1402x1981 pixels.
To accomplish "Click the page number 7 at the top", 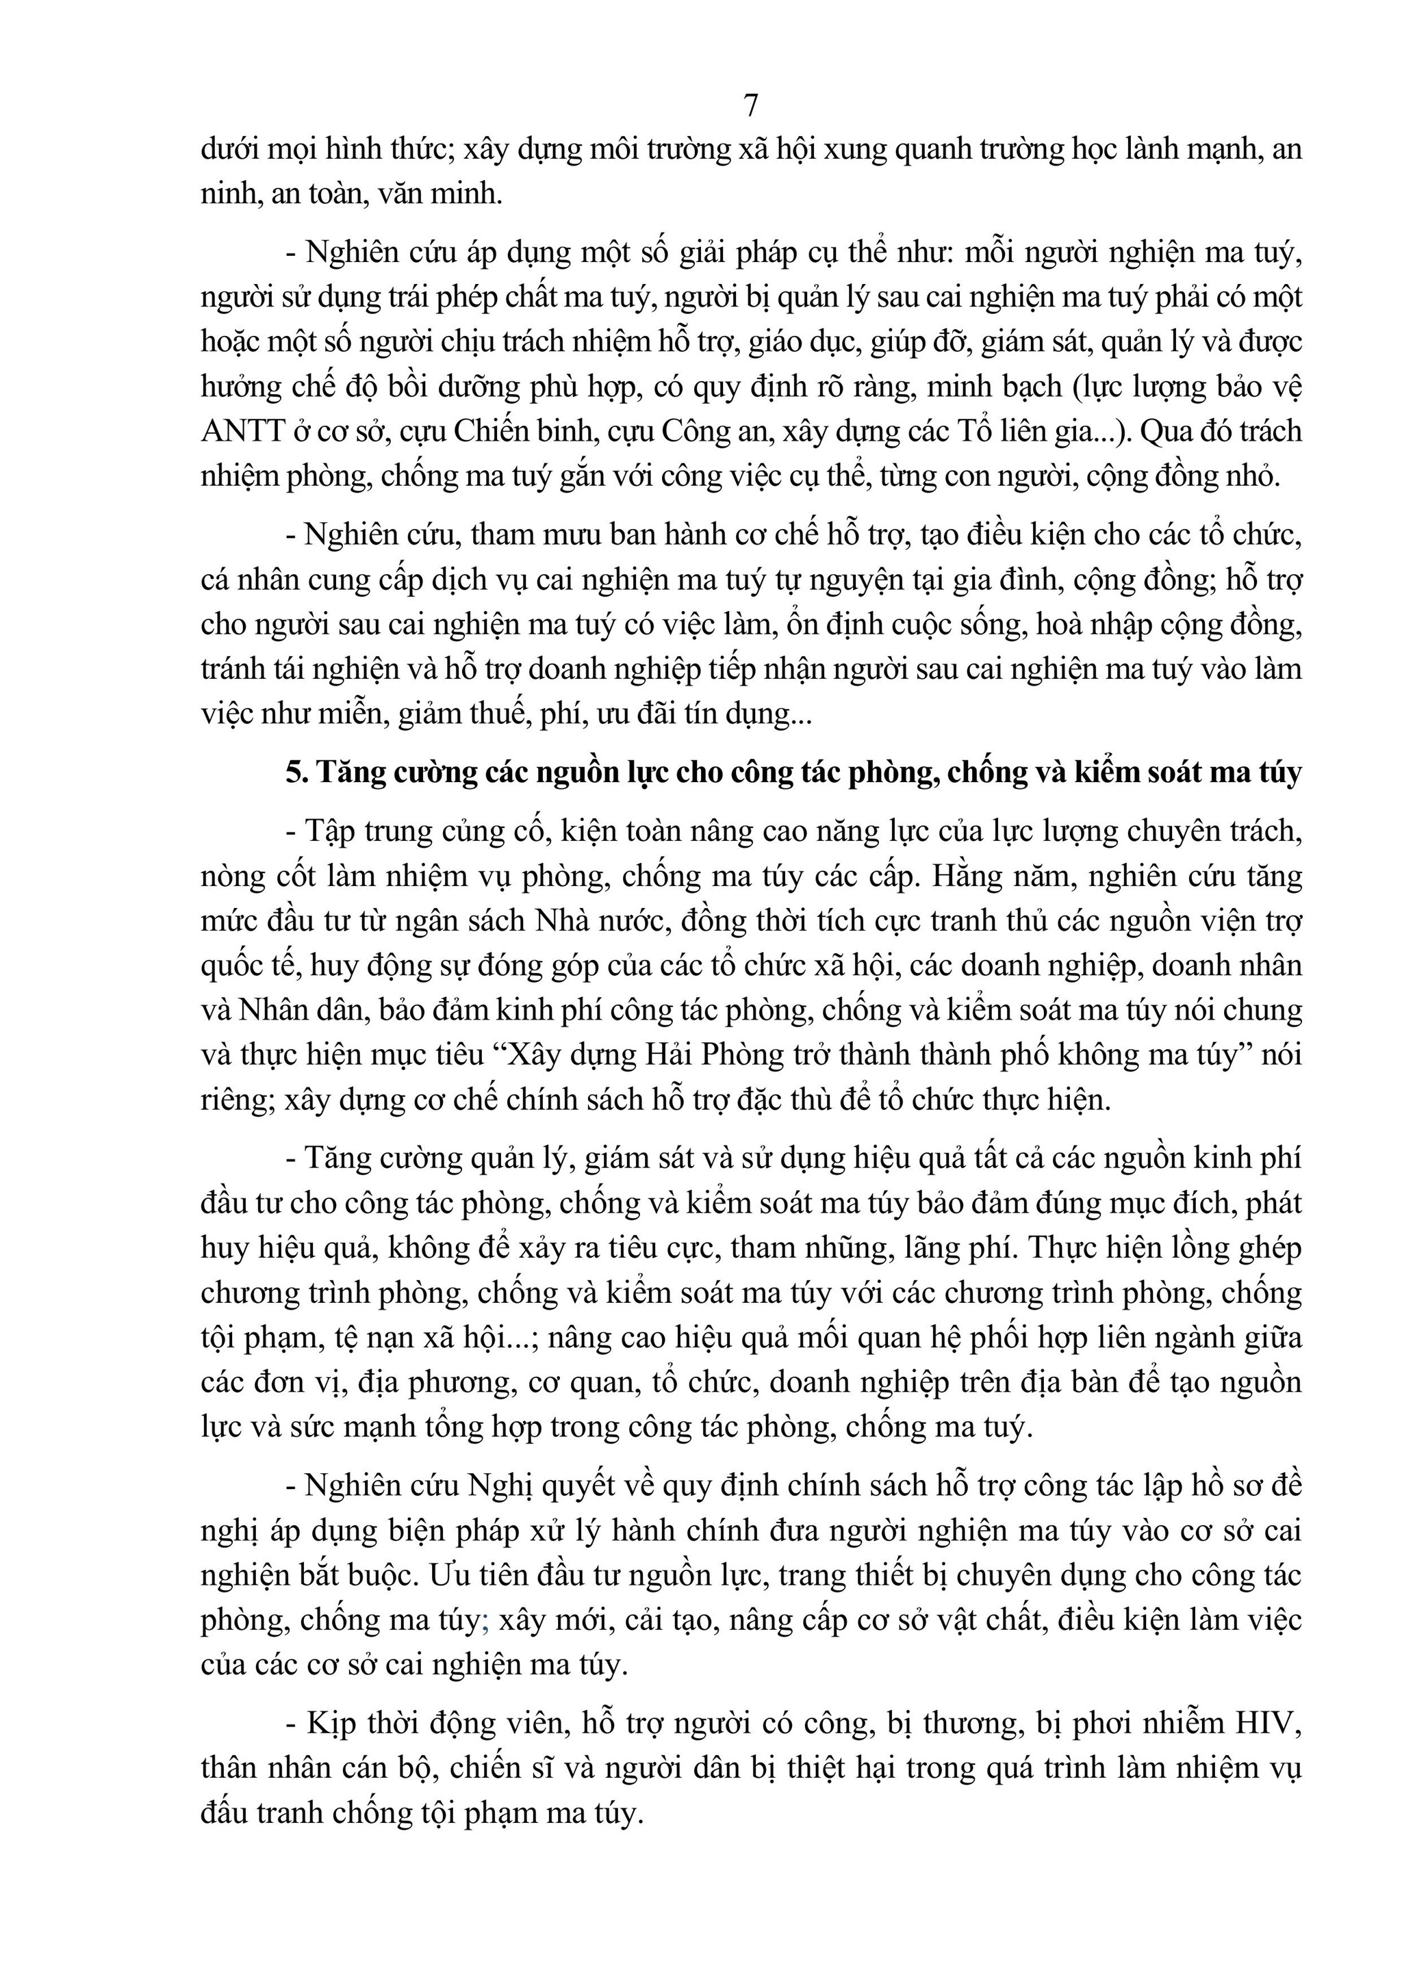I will point(750,105).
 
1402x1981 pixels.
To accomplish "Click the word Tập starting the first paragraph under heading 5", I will point(330,831).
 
